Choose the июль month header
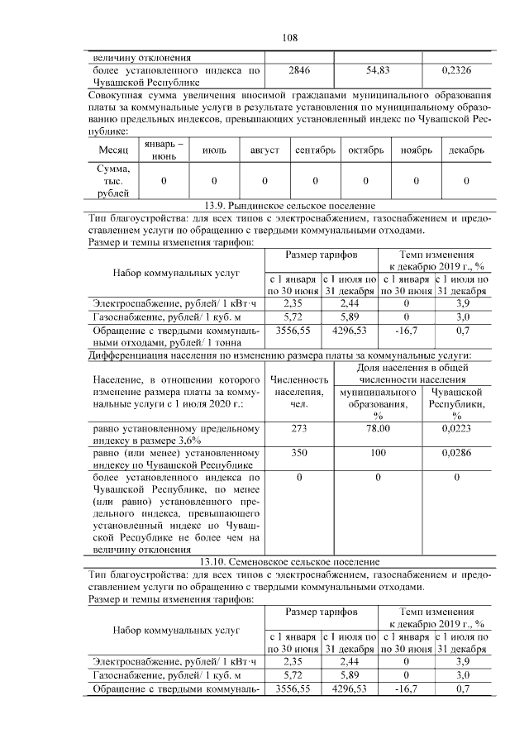(x=214, y=152)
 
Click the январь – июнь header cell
(x=164, y=152)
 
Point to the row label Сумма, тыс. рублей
(x=112, y=181)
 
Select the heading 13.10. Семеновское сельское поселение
(x=289, y=561)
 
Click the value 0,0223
(x=456, y=429)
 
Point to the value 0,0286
(x=456, y=455)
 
